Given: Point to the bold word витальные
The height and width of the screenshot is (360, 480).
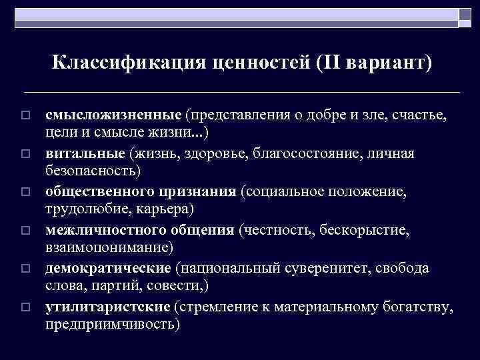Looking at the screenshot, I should click(x=84, y=154).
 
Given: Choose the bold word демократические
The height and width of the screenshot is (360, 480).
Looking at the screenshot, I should click(x=109, y=269).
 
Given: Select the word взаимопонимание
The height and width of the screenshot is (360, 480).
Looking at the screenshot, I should click(x=107, y=247).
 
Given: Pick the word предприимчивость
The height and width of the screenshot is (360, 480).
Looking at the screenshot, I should click(x=111, y=324).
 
